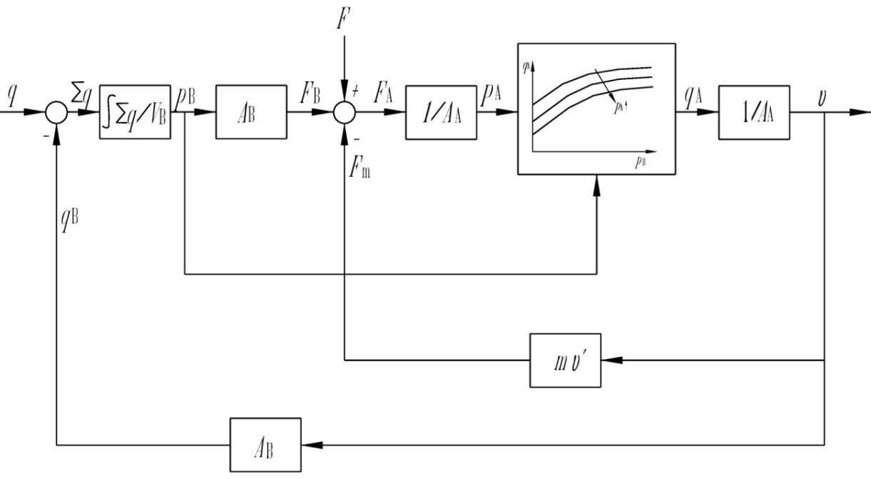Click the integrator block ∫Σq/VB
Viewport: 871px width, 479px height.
[x=136, y=112]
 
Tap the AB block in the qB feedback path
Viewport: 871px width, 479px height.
[x=265, y=445]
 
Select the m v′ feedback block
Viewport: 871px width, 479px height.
[x=565, y=360]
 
